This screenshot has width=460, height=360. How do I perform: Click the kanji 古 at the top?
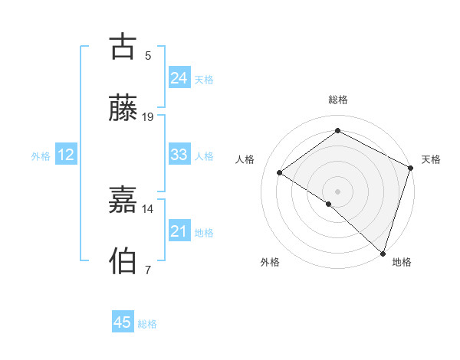(123, 47)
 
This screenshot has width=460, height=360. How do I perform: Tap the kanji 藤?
(123, 109)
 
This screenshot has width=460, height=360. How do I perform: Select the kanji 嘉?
(123, 200)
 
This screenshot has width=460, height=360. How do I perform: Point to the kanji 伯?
(123, 261)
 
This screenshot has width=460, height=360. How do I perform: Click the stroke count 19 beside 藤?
(148, 117)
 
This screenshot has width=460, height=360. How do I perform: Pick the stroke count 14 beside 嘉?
(148, 208)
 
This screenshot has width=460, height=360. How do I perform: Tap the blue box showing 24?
(179, 77)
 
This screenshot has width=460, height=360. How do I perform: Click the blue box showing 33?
(179, 155)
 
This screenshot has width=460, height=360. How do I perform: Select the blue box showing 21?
(179, 231)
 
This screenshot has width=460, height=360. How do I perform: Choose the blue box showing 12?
(65, 155)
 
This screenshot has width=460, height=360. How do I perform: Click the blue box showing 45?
(123, 322)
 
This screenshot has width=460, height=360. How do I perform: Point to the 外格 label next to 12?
(41, 156)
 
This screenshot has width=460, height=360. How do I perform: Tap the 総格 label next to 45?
(147, 324)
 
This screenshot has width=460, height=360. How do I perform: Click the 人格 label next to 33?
(204, 156)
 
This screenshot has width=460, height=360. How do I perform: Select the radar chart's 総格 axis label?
(338, 100)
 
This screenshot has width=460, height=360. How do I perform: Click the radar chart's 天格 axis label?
(431, 159)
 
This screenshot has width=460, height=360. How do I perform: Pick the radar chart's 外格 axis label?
(270, 263)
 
